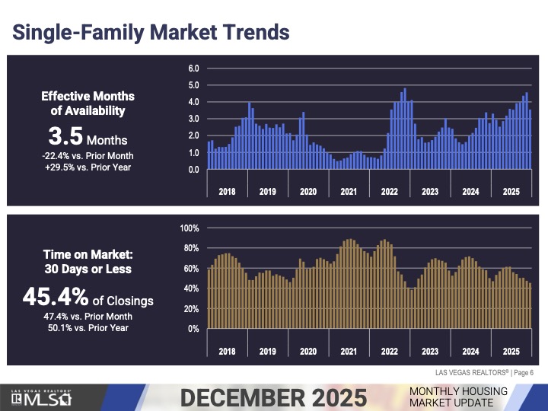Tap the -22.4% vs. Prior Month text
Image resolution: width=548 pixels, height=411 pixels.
[88, 155]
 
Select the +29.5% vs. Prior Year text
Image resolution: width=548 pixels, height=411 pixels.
[88, 167]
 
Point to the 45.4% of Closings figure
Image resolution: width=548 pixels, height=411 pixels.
[88, 298]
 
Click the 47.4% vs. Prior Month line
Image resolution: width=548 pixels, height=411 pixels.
[88, 317]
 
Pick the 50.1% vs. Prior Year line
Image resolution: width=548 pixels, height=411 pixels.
[88, 328]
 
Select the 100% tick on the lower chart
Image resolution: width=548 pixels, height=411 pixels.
[190, 228]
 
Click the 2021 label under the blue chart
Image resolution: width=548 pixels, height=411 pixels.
[349, 191]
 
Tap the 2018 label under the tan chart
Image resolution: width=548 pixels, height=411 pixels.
[227, 352]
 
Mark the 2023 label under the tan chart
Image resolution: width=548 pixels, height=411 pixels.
[430, 352]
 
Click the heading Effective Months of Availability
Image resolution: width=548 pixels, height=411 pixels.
[88, 104]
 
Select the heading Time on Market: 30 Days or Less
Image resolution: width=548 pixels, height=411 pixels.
[88, 262]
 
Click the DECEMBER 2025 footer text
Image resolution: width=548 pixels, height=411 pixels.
[273, 397]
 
